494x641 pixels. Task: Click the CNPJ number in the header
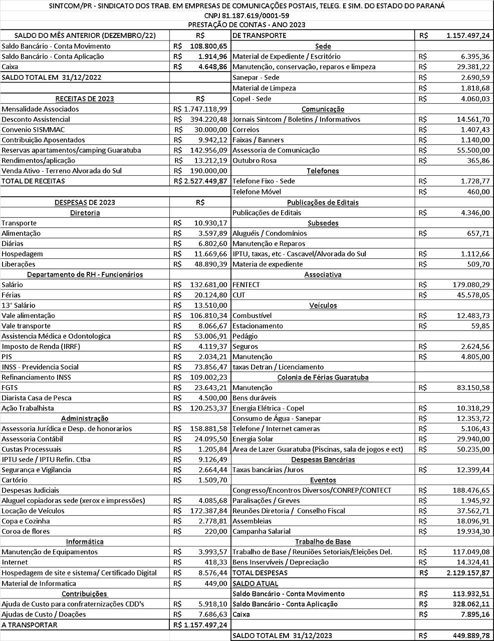247,16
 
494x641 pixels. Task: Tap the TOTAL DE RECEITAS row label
33,181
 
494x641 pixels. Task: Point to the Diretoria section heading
85,212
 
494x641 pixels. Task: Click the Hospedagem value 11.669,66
210,254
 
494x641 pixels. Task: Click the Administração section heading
85,418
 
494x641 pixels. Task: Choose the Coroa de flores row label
26,531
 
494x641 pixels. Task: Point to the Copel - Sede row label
252,99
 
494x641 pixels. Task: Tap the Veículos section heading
323,305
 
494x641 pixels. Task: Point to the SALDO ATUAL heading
255,583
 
